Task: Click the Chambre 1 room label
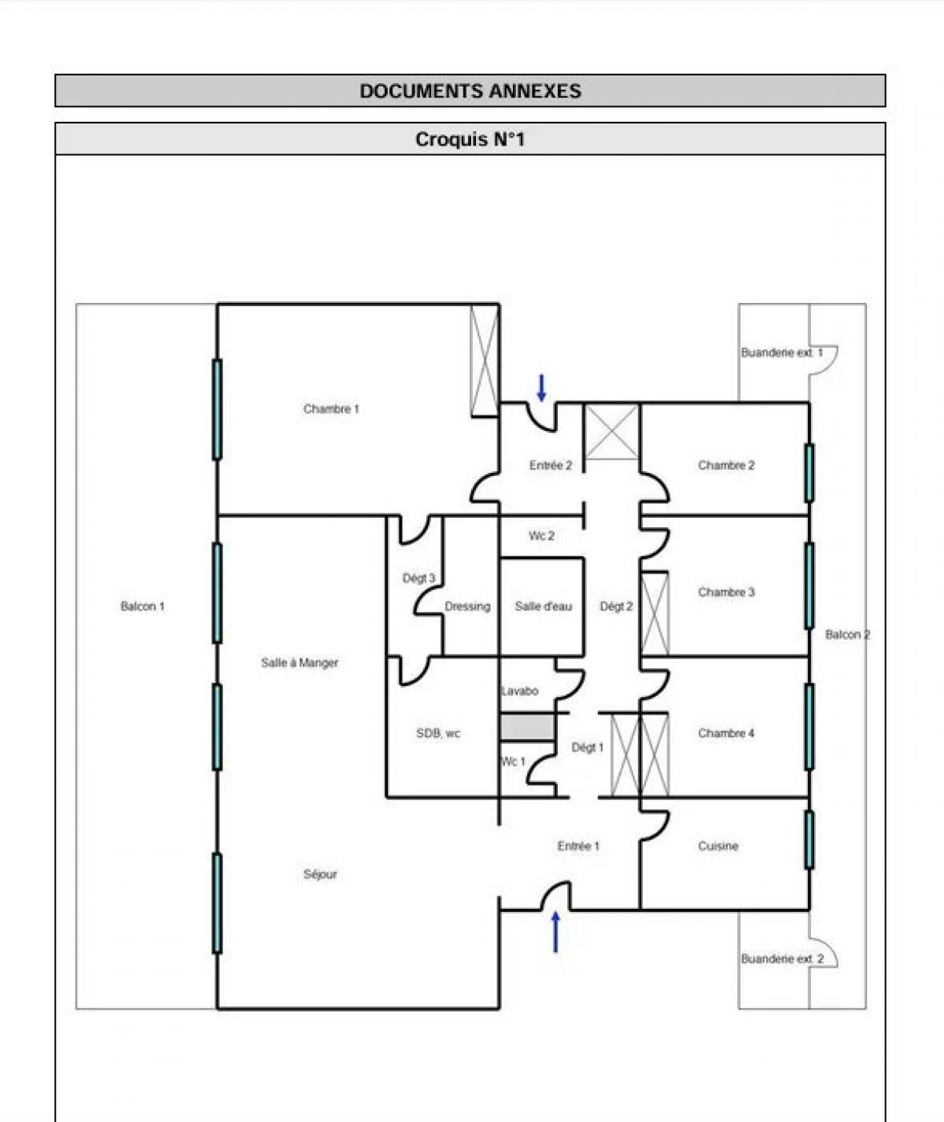coord(331,409)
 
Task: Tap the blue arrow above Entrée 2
coord(541,388)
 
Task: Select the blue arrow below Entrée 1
coord(556,932)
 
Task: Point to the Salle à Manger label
coord(300,662)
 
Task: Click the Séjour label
coord(320,874)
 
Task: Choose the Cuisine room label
coord(717,847)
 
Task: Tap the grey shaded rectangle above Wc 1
coord(527,727)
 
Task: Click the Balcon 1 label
coord(142,606)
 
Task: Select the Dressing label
coord(467,606)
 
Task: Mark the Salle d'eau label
coord(543,606)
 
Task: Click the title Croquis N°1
coord(470,140)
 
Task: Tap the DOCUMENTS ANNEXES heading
coord(470,90)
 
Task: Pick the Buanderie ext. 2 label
coord(782,958)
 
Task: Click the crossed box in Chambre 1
coord(485,360)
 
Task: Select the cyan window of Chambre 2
coord(809,473)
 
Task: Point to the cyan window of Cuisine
coord(809,840)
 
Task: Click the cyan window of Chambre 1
coord(217,409)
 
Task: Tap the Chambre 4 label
coord(726,733)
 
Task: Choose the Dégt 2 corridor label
coord(616,606)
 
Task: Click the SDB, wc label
coord(438,733)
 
